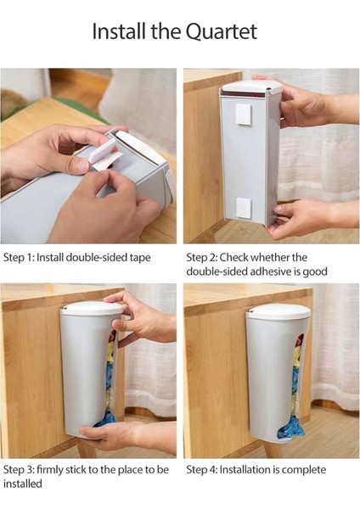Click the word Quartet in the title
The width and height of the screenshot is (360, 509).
(x=222, y=32)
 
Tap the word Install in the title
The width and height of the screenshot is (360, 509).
(x=119, y=31)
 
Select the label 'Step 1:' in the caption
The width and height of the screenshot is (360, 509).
(x=19, y=258)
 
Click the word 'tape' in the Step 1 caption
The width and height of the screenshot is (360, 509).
(x=140, y=258)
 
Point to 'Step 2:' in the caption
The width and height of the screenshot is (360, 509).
(x=202, y=258)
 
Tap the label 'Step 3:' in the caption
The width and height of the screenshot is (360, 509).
(x=19, y=470)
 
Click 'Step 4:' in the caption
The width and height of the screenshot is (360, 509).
(x=202, y=470)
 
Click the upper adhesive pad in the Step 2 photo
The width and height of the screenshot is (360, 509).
(x=244, y=115)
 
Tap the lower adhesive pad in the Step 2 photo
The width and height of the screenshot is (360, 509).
(x=244, y=208)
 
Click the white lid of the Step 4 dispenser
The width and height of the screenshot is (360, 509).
(x=278, y=311)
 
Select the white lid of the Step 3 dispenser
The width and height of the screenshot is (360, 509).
(x=92, y=308)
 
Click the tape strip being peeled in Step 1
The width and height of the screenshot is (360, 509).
(x=104, y=156)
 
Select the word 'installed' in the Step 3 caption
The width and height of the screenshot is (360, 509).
(x=23, y=484)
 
